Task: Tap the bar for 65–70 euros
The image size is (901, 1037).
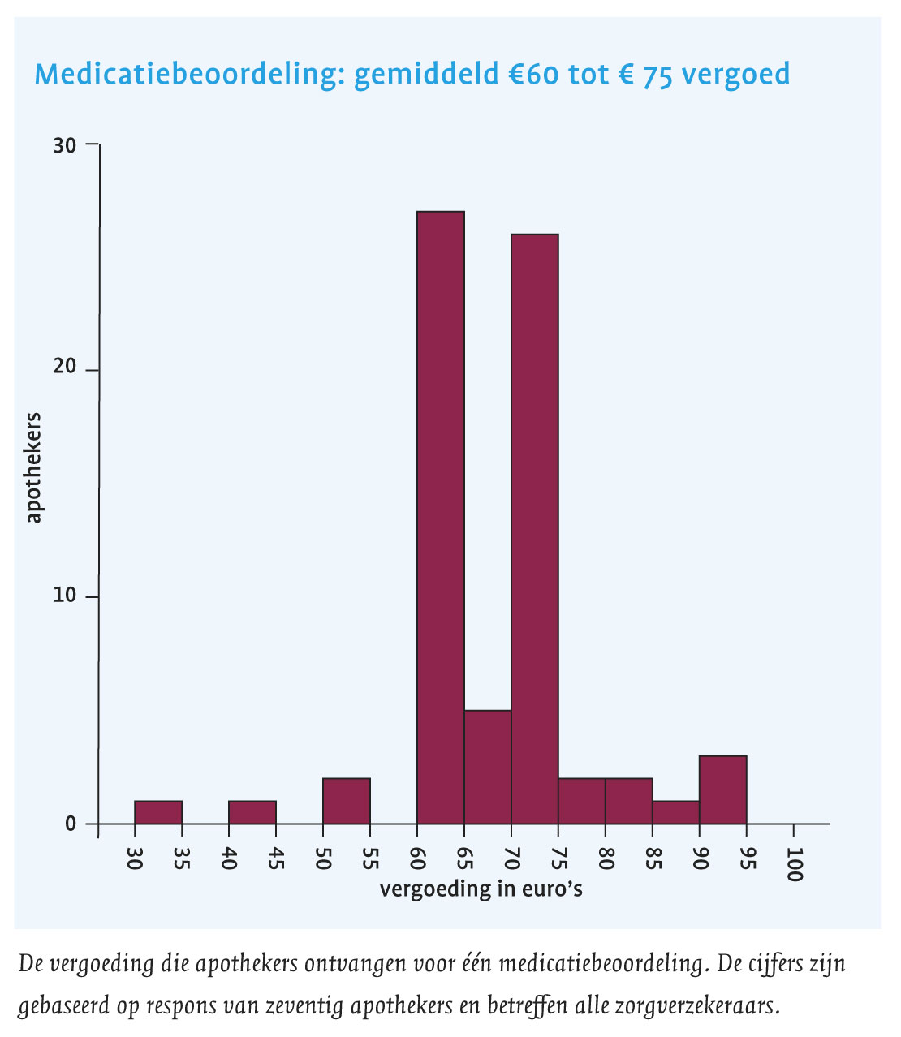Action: (488, 767)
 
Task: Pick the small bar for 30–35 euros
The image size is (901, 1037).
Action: (158, 812)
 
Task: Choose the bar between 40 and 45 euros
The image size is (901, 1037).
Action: (252, 812)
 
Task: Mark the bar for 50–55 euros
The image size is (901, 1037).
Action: (347, 801)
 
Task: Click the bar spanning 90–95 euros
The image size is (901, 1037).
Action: (722, 790)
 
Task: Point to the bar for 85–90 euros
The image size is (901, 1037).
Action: (675, 812)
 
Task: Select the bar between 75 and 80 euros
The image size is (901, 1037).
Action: (582, 801)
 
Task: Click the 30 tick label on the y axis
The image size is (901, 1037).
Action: (65, 145)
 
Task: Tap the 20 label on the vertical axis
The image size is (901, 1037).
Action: (65, 368)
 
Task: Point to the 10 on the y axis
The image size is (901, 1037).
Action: (65, 596)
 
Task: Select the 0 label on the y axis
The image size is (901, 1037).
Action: (70, 824)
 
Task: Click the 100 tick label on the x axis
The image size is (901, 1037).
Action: (794, 865)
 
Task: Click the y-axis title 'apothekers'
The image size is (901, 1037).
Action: (33, 468)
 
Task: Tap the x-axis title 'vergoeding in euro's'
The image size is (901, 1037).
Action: (481, 889)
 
